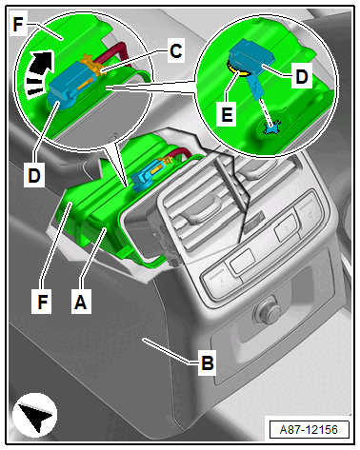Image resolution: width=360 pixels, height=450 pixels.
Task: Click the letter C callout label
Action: pyautogui.click(x=176, y=51)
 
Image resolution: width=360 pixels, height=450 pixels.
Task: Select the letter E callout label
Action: pyautogui.click(x=227, y=114)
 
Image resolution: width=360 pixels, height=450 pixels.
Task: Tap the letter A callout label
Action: pyautogui.click(x=81, y=303)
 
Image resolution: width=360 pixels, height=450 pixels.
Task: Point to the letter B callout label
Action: pyautogui.click(x=208, y=362)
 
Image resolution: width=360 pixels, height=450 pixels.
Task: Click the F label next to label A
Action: pyautogui.click(x=42, y=303)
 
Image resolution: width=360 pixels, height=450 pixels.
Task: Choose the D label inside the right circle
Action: pyautogui.click(x=301, y=77)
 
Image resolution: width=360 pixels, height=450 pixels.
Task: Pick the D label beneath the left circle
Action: pyautogui.click(x=34, y=176)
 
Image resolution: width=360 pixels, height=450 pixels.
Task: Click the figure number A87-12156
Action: pyautogui.click(x=309, y=430)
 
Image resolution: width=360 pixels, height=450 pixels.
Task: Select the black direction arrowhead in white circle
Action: pyautogui.click(x=35, y=416)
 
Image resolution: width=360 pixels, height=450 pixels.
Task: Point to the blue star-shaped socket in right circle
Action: pyautogui.click(x=270, y=127)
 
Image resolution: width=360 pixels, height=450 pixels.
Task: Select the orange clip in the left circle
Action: pyautogui.click(x=92, y=66)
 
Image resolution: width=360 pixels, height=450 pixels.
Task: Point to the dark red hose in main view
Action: pyautogui.click(x=180, y=153)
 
